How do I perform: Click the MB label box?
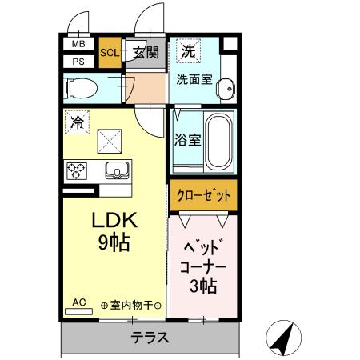[78, 45]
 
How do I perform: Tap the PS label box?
[78, 61]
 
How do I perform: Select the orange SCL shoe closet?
[110, 54]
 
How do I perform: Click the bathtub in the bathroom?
[218, 141]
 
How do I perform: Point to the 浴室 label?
[187, 139]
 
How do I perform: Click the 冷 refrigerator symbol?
[77, 123]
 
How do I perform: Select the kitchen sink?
[117, 170]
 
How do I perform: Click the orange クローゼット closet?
[203, 194]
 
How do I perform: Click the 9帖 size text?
[114, 243]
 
